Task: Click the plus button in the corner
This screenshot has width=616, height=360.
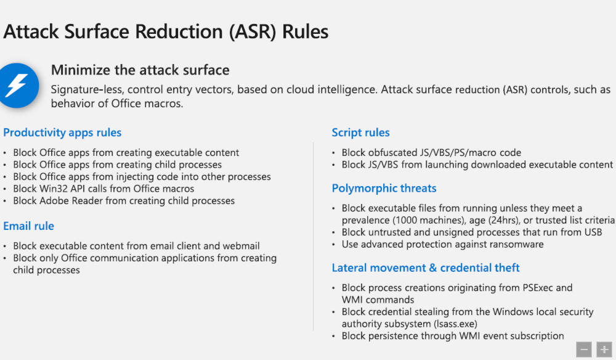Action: (x=604, y=349)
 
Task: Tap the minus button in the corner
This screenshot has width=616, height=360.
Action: (x=584, y=349)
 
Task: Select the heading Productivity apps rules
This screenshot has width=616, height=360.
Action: (x=62, y=133)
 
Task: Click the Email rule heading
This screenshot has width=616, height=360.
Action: (x=29, y=226)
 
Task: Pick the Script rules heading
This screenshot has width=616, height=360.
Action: (x=360, y=133)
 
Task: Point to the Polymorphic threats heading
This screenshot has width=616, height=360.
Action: (x=384, y=189)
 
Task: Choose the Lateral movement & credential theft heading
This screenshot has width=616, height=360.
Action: (x=426, y=268)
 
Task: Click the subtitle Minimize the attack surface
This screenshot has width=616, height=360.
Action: (x=140, y=70)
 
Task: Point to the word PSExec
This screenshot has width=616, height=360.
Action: (x=538, y=288)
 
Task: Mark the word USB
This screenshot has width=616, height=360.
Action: (x=593, y=232)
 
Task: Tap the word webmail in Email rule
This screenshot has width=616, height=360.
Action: (x=241, y=246)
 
